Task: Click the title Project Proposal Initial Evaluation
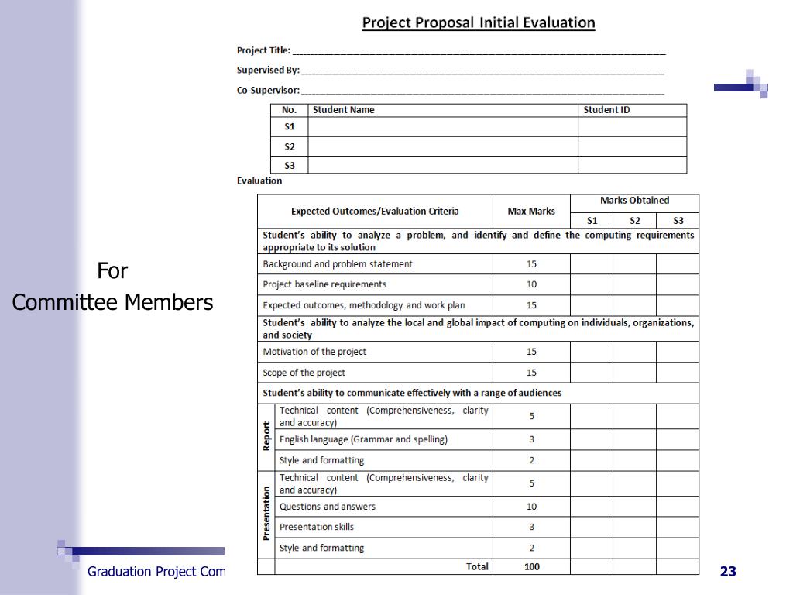[479, 22]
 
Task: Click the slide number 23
[728, 572]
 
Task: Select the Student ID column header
[606, 110]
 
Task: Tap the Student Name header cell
[343, 110]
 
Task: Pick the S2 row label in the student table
[289, 146]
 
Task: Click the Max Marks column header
[531, 211]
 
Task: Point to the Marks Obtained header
[634, 201]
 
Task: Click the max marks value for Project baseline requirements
[531, 284]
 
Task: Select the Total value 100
[531, 567]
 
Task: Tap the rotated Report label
[266, 436]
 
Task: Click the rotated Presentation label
[266, 513]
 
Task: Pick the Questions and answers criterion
[328, 507]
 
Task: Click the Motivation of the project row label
[314, 352]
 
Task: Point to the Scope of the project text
[304, 373]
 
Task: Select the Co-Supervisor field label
[268, 90]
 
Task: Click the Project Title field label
[263, 50]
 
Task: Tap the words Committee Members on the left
[112, 302]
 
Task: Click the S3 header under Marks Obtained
[678, 221]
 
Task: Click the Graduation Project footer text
[155, 572]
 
